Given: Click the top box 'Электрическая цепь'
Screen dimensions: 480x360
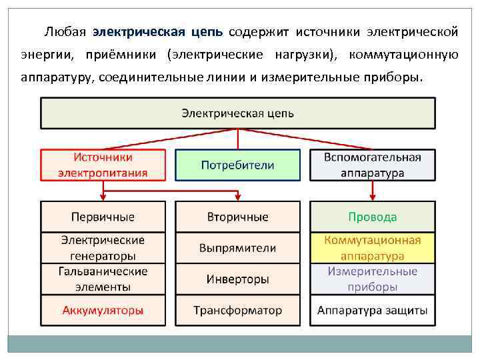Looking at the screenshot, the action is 237,113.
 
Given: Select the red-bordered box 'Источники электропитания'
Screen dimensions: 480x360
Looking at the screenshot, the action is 103,165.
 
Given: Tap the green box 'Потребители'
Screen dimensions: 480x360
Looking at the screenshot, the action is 237,165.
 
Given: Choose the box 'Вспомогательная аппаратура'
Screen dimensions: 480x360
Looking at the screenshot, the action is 372,165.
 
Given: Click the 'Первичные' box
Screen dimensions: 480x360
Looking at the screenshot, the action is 103,217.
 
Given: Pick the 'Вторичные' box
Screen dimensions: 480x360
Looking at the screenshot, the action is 237,217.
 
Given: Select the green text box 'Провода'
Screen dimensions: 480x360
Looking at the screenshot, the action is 372,217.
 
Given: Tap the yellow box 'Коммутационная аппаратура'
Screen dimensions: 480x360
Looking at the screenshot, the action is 372,247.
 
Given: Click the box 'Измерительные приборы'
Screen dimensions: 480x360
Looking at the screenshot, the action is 372,279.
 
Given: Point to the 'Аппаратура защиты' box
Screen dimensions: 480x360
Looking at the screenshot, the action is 372,311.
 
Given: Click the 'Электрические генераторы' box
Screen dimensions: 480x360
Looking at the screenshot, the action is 103,247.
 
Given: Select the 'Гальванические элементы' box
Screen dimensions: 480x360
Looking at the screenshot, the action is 103,279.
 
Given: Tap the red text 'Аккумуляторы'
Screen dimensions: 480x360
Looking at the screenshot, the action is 103,311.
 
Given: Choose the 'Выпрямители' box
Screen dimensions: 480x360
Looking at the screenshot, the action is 237,247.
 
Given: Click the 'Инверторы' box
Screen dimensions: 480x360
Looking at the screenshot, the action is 237,279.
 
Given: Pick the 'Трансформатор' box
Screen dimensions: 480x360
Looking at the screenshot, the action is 237,311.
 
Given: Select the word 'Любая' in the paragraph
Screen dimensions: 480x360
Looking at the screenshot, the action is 64,32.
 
